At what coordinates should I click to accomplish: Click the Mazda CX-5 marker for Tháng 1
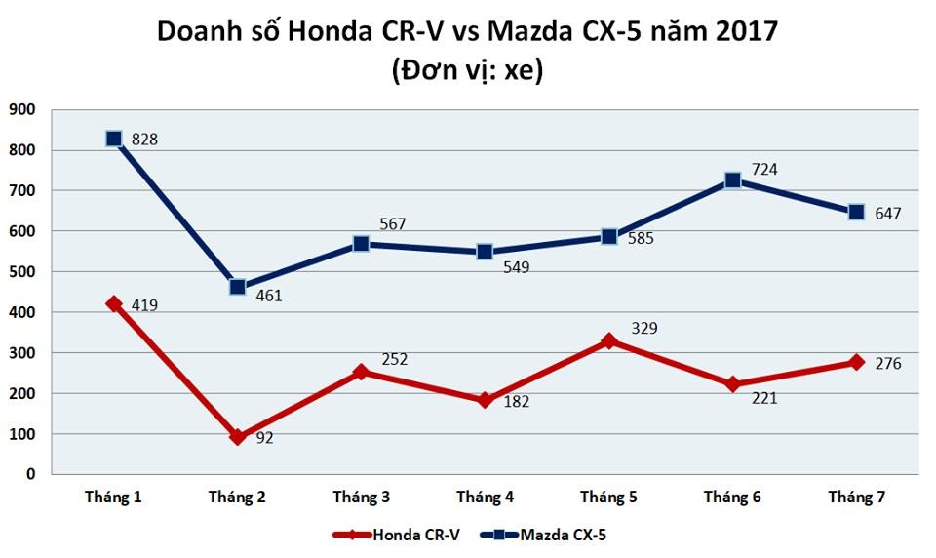click(114, 139)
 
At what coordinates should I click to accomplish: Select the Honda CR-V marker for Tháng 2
click(238, 437)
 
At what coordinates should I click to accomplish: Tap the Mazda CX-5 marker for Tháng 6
click(733, 180)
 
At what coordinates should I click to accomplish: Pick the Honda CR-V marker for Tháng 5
click(609, 340)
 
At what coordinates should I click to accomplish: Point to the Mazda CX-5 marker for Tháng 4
click(485, 252)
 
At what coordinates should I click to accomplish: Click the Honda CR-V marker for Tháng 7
click(857, 362)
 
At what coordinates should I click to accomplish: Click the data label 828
click(144, 139)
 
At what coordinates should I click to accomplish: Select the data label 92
click(264, 438)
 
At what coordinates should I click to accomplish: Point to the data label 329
click(644, 328)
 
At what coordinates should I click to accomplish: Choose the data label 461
click(269, 294)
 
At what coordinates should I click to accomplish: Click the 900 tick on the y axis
click(21, 110)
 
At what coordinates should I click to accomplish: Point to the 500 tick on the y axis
click(21, 272)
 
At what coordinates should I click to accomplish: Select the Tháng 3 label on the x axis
click(362, 498)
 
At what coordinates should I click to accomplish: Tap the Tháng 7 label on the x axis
click(857, 498)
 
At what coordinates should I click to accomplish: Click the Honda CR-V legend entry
click(395, 535)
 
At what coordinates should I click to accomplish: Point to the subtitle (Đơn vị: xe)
click(468, 70)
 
